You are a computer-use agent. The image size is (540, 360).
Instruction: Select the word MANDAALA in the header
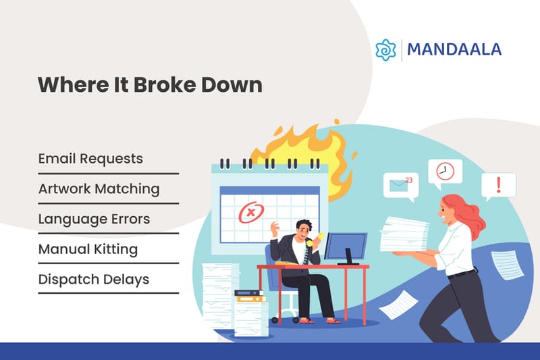pyautogui.click(x=454, y=49)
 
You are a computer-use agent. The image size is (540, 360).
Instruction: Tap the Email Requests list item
pyautogui.click(x=90, y=159)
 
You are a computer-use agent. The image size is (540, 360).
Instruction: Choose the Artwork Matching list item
pyautogui.click(x=99, y=188)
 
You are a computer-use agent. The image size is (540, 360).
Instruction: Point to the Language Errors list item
pyautogui.click(x=94, y=219)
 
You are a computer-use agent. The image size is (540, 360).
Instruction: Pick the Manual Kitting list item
pyautogui.click(x=88, y=249)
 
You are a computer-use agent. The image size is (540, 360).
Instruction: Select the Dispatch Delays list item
pyautogui.click(x=94, y=278)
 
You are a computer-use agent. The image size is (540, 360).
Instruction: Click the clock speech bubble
pyautogui.click(x=444, y=172)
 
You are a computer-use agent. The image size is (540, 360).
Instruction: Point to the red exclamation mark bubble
pyautogui.click(x=498, y=184)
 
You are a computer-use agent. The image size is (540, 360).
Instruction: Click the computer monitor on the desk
pyautogui.click(x=345, y=247)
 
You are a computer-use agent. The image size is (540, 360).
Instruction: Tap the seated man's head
pyautogui.click(x=303, y=228)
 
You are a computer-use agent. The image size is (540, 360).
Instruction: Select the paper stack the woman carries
pyautogui.click(x=404, y=233)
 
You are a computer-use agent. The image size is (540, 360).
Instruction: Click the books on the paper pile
pyautogui.click(x=249, y=294)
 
